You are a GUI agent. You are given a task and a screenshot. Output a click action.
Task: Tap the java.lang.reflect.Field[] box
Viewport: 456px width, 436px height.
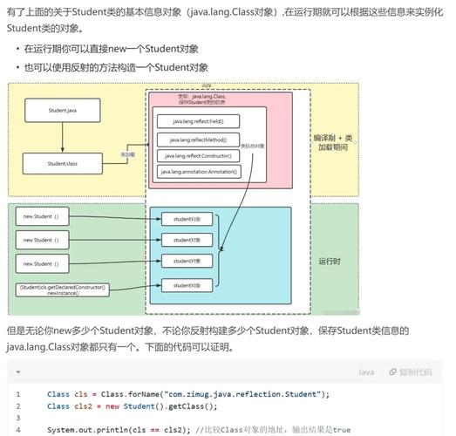pyautogui.click(x=198, y=121)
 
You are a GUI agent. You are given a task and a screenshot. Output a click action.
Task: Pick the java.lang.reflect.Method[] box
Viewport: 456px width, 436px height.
pyautogui.click(x=198, y=139)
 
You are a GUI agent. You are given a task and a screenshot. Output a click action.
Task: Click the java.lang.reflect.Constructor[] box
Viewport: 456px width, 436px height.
pyautogui.click(x=198, y=155)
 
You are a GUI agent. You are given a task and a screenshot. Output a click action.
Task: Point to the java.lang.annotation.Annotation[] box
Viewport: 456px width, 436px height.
pyautogui.click(x=198, y=172)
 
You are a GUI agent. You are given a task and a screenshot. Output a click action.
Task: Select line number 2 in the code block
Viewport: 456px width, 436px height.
pyautogui.click(x=17, y=406)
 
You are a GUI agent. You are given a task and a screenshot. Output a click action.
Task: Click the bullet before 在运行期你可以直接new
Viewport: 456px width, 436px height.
pyautogui.click(x=17, y=50)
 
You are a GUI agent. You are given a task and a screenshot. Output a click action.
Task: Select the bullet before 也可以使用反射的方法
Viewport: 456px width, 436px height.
pyautogui.click(x=17, y=68)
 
